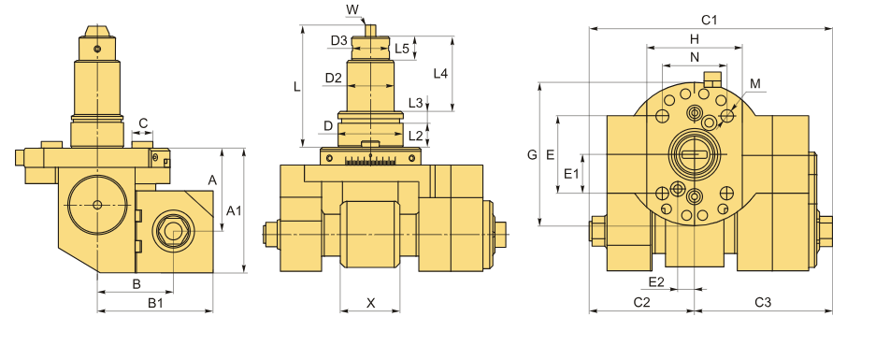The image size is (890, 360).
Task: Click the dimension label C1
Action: pyautogui.click(x=709, y=21)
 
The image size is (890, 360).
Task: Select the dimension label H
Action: pyautogui.click(x=695, y=39)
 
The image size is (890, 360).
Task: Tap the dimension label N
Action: pyautogui.click(x=695, y=57)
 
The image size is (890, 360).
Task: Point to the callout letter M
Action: pyautogui.click(x=755, y=84)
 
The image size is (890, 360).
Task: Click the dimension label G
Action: pyautogui.click(x=532, y=154)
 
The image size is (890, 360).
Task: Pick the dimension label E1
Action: pyautogui.click(x=571, y=174)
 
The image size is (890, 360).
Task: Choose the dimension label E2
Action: pyautogui.click(x=656, y=281)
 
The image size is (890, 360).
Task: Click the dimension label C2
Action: pyautogui.click(x=641, y=302)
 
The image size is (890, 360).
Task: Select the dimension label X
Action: pyautogui.click(x=370, y=303)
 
